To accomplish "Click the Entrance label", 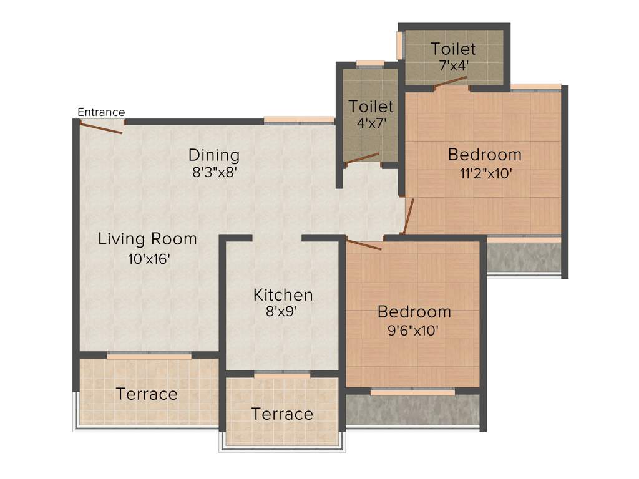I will point(101,112).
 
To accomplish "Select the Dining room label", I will point(214,155).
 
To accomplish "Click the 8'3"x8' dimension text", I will point(214,172).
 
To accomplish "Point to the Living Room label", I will point(147,239).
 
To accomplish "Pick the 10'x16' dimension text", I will point(149,259).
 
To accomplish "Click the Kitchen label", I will point(283,294).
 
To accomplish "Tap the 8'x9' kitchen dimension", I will point(283,311).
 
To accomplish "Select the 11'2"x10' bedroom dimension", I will point(486,173).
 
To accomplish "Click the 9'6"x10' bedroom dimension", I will point(414,329).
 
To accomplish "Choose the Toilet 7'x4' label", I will point(453,49).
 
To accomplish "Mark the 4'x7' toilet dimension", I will point(371,123).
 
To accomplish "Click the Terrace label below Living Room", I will point(147,394).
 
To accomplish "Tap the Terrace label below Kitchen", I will point(282,414).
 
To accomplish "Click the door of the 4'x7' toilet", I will point(362,158).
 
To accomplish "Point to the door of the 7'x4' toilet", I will point(451,82).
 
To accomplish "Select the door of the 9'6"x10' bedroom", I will point(364,244).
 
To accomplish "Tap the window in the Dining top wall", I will point(299,120).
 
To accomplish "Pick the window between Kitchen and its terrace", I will point(282,375).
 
